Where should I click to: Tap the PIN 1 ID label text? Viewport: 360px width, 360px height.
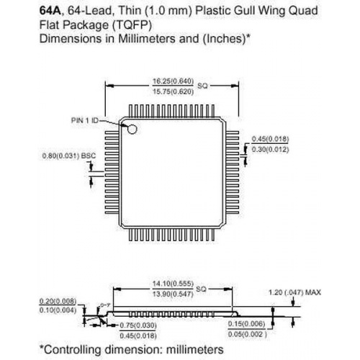point(85,120)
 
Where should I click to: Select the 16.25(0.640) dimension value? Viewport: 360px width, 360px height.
point(173,81)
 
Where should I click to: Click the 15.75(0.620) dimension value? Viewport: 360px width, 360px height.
point(173,91)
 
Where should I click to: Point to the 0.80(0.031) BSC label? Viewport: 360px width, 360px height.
point(69,156)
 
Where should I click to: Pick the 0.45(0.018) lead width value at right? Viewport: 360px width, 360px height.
point(270,139)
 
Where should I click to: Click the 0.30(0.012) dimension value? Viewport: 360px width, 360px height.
point(270,150)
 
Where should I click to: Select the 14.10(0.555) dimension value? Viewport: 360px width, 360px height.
point(173,284)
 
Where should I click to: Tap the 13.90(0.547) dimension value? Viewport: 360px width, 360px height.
point(173,294)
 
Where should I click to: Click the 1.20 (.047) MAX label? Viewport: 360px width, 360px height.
point(294,292)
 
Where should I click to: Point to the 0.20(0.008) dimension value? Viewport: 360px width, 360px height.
point(58,301)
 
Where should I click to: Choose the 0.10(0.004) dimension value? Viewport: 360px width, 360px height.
point(58,310)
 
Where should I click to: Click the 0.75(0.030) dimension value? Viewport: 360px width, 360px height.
point(138,325)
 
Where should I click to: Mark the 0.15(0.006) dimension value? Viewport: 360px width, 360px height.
point(247,324)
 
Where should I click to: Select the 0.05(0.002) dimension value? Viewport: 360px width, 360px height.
point(248,334)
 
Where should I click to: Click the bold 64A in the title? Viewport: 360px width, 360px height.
point(50,11)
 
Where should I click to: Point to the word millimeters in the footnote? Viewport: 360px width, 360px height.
point(194,350)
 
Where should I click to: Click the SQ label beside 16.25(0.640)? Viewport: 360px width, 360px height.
point(202,86)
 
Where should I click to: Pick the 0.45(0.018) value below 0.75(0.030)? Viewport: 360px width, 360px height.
point(138,336)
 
